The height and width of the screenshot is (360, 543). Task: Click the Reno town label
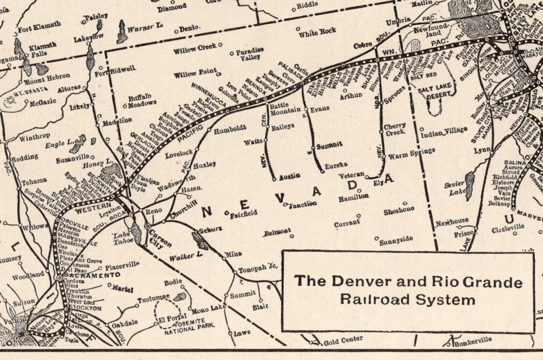[153, 211]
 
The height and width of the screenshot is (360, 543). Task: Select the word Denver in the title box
[349, 282]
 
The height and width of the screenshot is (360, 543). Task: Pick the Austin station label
[290, 176]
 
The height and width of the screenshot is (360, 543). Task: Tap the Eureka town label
[336, 165]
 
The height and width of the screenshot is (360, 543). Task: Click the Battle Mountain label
[285, 107]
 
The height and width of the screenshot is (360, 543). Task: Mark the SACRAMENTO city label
[90, 274]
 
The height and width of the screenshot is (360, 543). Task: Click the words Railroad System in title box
[407, 300]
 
